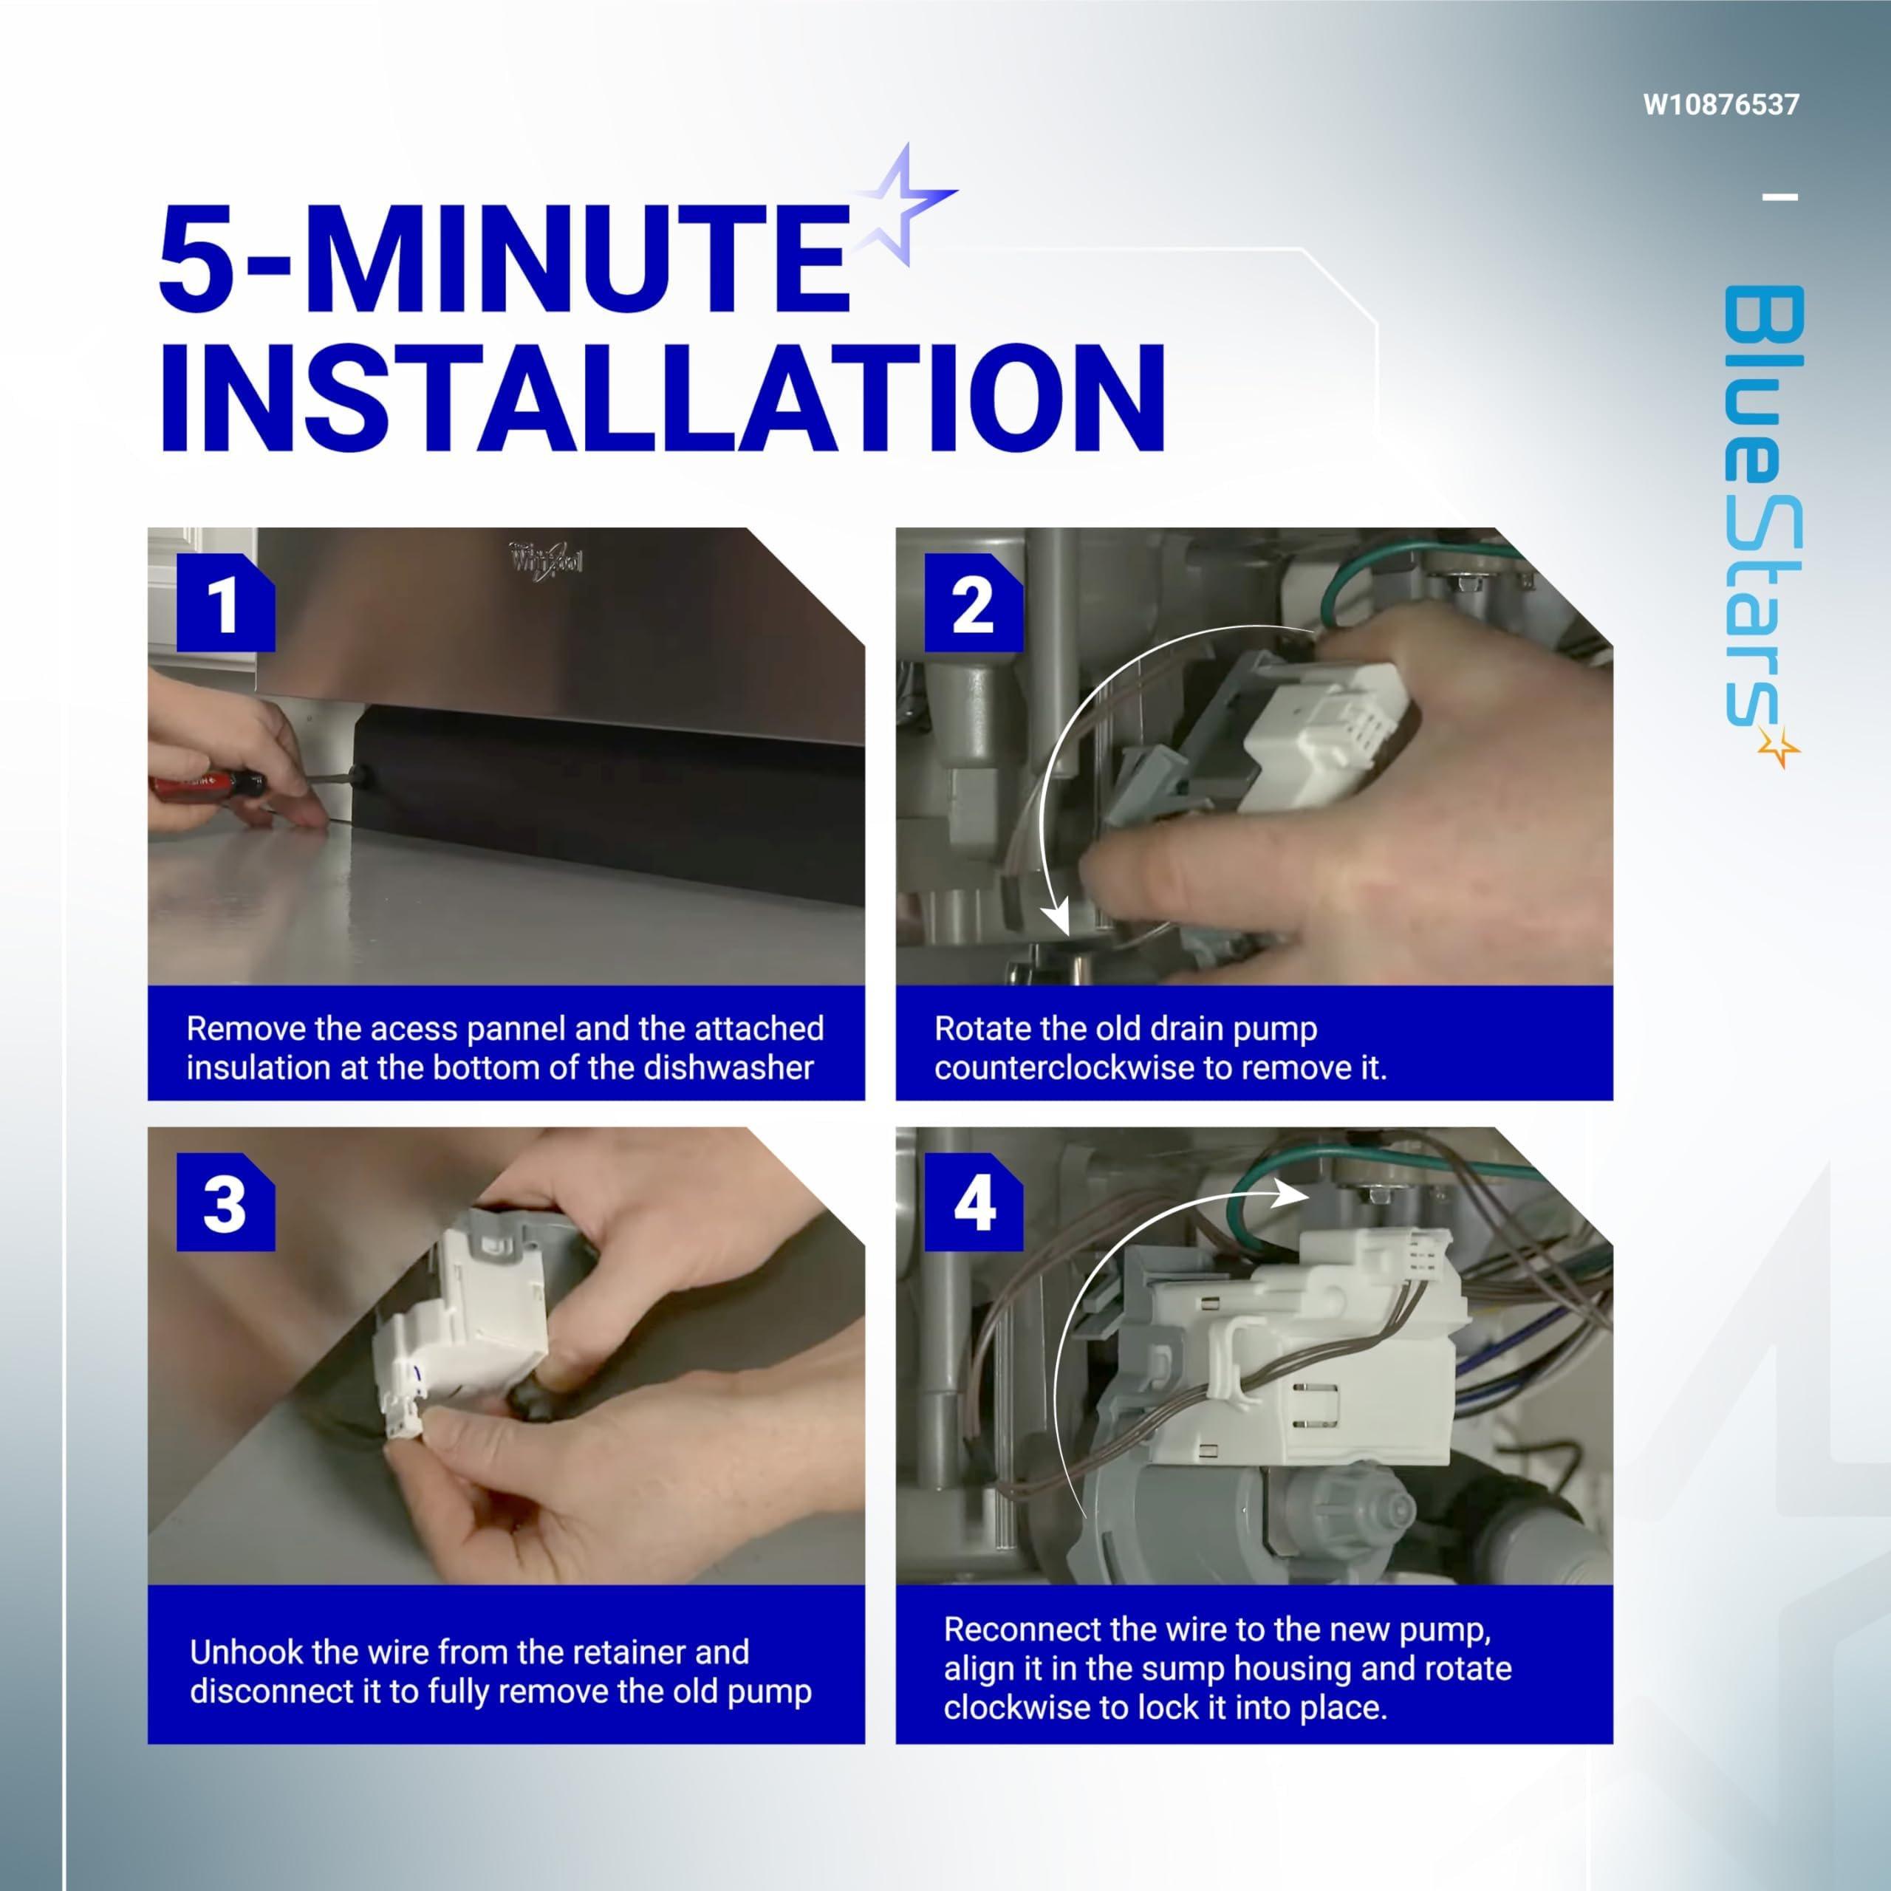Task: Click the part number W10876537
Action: (x=1720, y=105)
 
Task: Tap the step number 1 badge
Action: (x=225, y=603)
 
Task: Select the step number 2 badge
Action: (x=973, y=603)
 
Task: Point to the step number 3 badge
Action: (x=225, y=1203)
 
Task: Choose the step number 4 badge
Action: (x=973, y=1203)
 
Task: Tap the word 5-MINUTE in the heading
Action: (x=503, y=259)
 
